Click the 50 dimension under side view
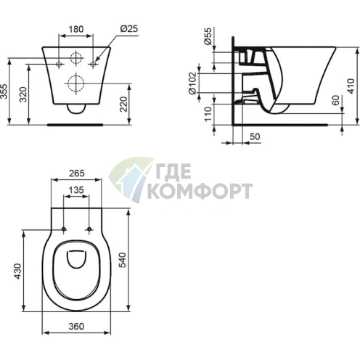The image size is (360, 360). click(255, 136)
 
